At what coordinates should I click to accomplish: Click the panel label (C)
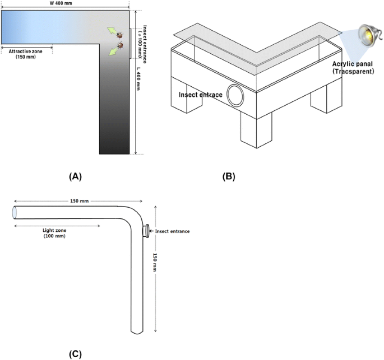[76, 354]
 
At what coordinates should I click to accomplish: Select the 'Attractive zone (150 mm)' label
[26, 54]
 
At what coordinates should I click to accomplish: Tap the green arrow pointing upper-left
[112, 30]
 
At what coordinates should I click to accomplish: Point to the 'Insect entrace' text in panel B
[200, 95]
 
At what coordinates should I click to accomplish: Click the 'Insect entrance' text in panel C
[172, 231]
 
